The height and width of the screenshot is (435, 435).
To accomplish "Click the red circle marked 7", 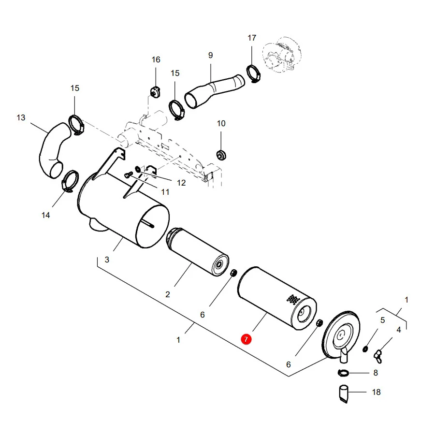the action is [x=246, y=339].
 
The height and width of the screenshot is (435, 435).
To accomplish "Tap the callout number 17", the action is [x=252, y=38].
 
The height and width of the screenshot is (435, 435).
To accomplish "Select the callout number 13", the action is [x=21, y=117].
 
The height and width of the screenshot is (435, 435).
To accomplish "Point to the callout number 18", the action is [x=376, y=392].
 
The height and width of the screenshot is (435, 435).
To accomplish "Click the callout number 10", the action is [x=221, y=123].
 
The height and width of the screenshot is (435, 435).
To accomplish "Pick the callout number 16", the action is [x=156, y=59].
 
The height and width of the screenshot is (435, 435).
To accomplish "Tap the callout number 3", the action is [x=107, y=260].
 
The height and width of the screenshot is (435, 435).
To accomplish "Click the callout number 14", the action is [x=46, y=215].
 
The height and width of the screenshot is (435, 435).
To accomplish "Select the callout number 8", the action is [x=376, y=373].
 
